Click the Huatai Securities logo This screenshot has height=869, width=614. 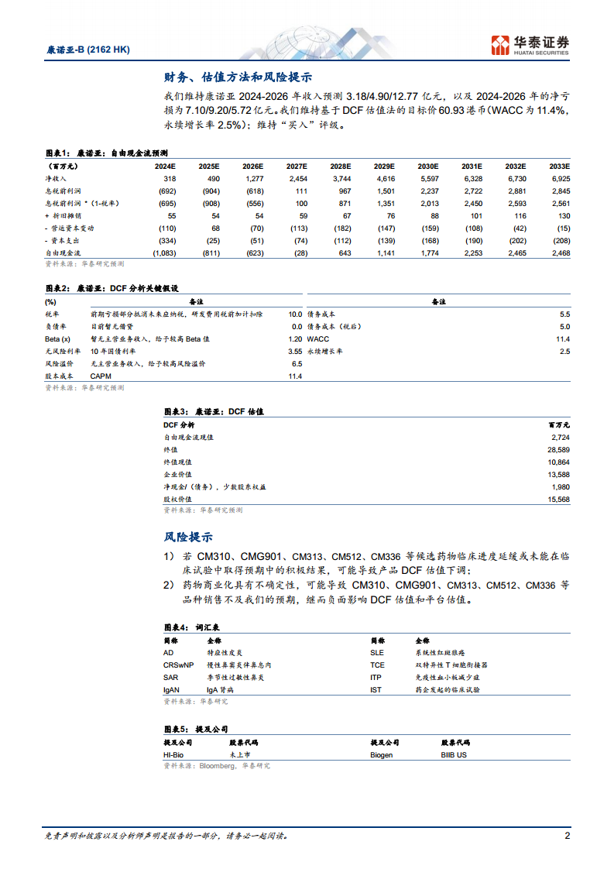click(x=530, y=44)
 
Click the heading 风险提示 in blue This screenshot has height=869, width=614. click(x=188, y=537)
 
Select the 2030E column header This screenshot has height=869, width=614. click(x=428, y=166)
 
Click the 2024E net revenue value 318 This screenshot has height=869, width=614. click(x=170, y=178)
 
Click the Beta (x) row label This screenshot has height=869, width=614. click(x=57, y=339)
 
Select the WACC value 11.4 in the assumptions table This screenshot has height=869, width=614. click(x=562, y=339)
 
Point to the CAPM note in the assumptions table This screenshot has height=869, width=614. click(x=101, y=376)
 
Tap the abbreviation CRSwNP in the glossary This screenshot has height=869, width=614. click(x=179, y=665)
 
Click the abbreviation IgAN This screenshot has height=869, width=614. click(x=171, y=689)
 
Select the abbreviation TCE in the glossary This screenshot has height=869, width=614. click(x=377, y=665)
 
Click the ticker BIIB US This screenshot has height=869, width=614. click(x=454, y=754)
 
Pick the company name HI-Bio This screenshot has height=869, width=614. click(x=174, y=754)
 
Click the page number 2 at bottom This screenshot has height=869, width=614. click(x=567, y=836)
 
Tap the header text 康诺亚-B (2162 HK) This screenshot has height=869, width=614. click(x=84, y=50)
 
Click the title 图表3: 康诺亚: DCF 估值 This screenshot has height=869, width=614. click(x=214, y=412)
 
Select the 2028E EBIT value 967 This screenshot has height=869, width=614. click(x=341, y=191)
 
